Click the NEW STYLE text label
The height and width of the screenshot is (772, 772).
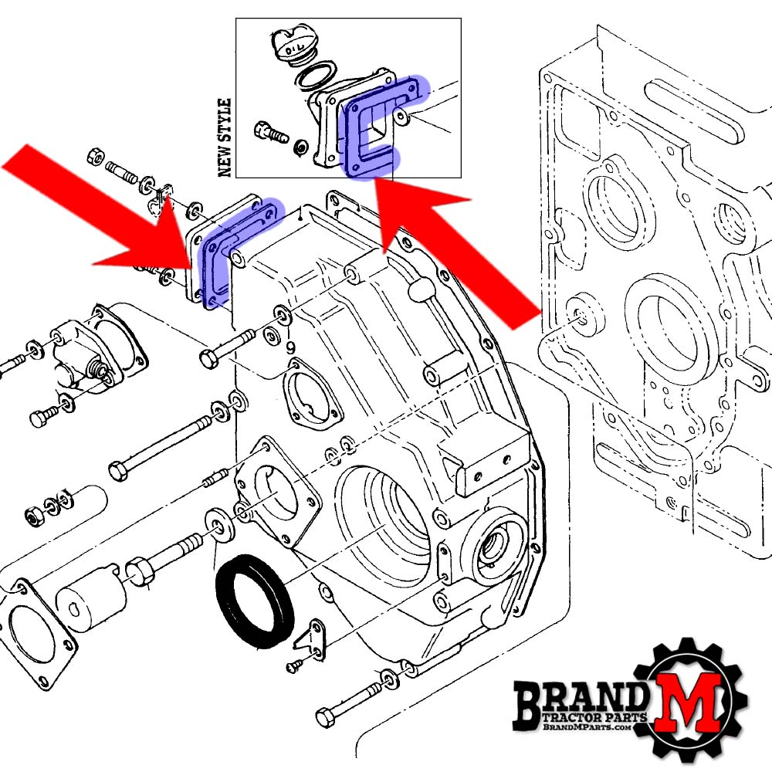click(225, 137)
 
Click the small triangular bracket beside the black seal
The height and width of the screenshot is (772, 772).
click(311, 638)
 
